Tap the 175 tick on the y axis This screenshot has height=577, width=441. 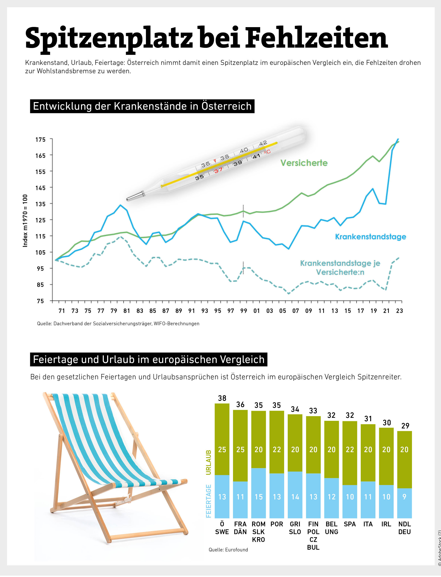click(40, 139)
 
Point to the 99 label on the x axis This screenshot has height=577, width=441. click(244, 311)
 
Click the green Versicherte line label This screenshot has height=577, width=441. click(304, 163)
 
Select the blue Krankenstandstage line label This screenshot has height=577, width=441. click(370, 237)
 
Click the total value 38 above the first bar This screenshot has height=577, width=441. click(222, 398)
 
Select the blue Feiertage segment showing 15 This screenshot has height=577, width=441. click(259, 497)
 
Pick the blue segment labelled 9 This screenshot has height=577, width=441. click(404, 497)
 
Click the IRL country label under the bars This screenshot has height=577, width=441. click(386, 524)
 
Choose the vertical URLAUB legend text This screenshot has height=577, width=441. click(209, 463)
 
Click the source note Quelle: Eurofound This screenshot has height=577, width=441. click(228, 549)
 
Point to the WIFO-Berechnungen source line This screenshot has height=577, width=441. click(118, 324)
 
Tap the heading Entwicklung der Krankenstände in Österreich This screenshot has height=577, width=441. click(142, 106)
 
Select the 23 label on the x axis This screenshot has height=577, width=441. click(399, 311)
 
